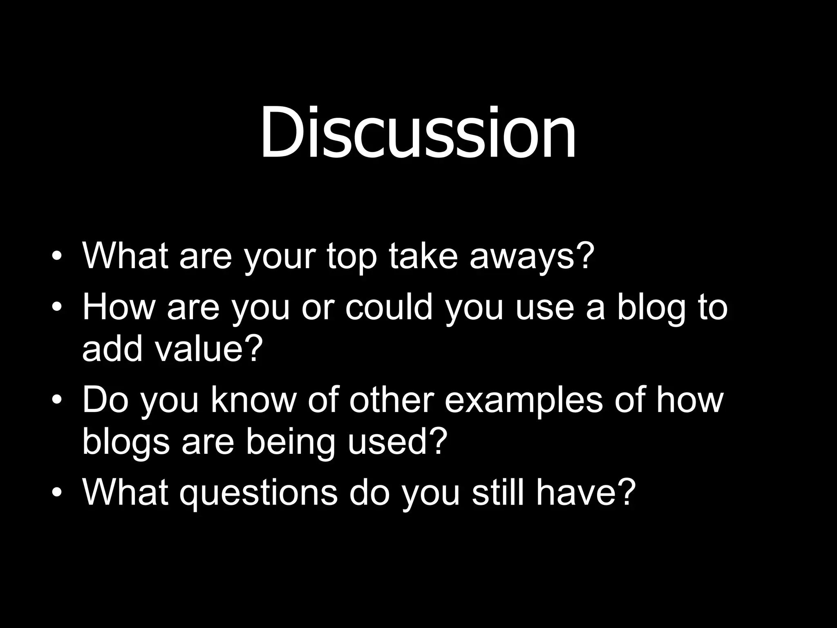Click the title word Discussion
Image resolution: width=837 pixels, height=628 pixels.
pos(418,132)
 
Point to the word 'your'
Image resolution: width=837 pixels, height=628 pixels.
pos(280,258)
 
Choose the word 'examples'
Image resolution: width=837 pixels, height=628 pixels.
pos(523,401)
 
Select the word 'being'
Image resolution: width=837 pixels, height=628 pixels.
pos(291,442)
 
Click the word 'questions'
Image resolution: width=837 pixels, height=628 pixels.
pos(258,493)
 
